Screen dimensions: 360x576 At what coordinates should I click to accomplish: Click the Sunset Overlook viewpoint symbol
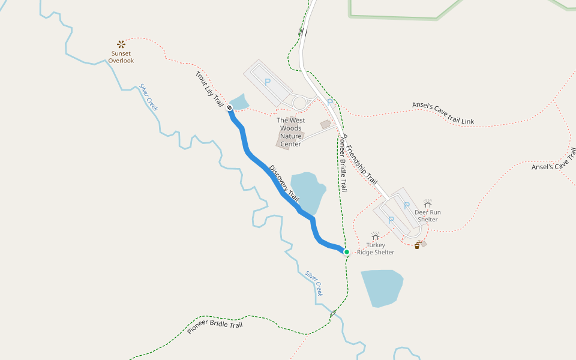[x=121, y=44]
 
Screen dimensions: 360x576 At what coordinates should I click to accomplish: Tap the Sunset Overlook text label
[x=121, y=57]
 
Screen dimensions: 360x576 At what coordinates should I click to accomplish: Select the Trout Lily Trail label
[x=209, y=90]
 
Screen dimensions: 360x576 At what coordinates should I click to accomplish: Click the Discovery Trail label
[x=284, y=182]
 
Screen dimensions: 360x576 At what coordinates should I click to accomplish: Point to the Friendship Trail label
[x=362, y=163]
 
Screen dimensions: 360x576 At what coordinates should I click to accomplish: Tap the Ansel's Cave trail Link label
[x=443, y=113]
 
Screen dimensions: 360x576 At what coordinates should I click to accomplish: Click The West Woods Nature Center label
[x=290, y=132]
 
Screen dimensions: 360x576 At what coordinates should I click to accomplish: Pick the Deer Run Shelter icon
[x=428, y=203]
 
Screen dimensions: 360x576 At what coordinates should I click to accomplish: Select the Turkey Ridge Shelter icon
[x=376, y=236]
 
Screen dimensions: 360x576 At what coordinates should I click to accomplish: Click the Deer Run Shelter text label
[x=428, y=216]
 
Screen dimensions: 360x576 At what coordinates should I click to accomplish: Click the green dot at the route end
[x=346, y=252]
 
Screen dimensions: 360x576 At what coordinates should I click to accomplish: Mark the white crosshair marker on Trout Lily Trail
[x=229, y=107]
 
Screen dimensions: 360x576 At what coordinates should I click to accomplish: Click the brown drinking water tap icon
[x=418, y=245]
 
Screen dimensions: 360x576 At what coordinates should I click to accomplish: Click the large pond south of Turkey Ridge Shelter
[x=381, y=287]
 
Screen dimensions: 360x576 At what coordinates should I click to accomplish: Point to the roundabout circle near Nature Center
[x=300, y=103]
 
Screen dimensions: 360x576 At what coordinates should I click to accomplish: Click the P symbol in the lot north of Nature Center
[x=268, y=82]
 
